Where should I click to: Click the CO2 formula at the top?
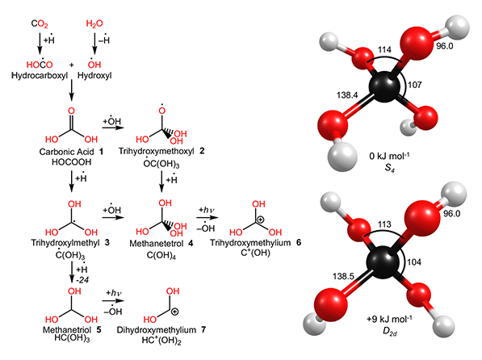coord(40,23)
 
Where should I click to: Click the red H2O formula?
coord(94,23)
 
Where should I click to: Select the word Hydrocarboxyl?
coord(40,76)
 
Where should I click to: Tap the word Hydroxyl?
coord(94,76)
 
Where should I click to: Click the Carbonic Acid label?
coord(66,152)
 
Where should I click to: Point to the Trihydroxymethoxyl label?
coord(157,151)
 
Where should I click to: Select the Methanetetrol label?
coord(157,244)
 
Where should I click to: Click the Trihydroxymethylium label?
coord(250,243)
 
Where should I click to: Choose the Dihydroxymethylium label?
coord(157,330)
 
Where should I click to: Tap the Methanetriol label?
coord(67,330)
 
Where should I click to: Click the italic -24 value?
coord(82,280)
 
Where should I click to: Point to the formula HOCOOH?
coord(71,162)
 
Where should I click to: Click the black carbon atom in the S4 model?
coord(384,87)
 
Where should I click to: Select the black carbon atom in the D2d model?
coord(382,262)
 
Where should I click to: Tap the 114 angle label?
coord(384,50)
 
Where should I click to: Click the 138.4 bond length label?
coord(347,95)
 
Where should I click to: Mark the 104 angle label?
coord(414,262)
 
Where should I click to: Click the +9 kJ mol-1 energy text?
coord(389,319)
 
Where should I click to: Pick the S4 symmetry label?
coord(389,168)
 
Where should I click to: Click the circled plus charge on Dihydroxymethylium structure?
coord(174,312)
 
